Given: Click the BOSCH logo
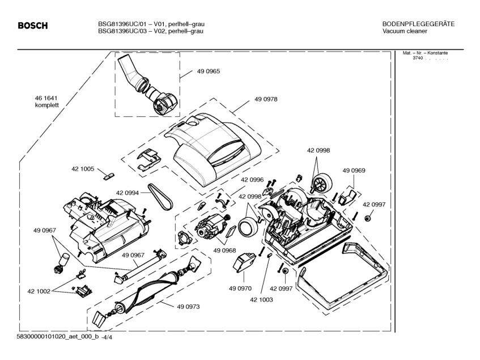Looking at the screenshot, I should pyautogui.click(x=32, y=26).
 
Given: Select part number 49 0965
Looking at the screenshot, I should pyautogui.click(x=209, y=71).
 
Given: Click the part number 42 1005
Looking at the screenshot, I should pyautogui.click(x=83, y=169).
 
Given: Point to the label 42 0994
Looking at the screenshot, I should pyautogui.click(x=128, y=193).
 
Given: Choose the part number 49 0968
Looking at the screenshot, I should pyautogui.click(x=225, y=251).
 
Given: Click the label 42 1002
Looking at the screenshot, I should pyautogui.click(x=39, y=291).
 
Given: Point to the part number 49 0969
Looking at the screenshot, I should pyautogui.click(x=354, y=170).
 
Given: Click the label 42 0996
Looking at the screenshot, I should pyautogui.click(x=252, y=180).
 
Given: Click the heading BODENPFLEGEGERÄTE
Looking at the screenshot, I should pyautogui.click(x=418, y=24).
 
